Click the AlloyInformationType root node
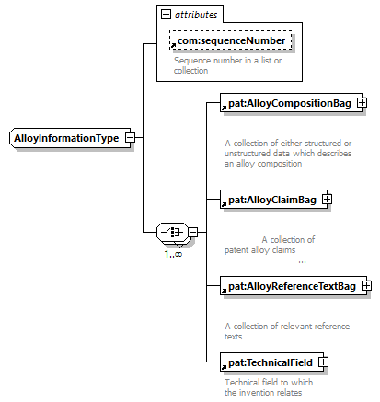point(70,138)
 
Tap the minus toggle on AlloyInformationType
point(130,138)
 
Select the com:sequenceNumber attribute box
point(230,40)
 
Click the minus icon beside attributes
point(166,14)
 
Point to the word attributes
point(196,15)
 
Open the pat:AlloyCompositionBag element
point(291,103)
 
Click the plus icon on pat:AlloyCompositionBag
point(362,103)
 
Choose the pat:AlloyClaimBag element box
point(273,200)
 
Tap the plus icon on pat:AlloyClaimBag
point(327,200)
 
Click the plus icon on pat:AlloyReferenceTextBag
point(366,286)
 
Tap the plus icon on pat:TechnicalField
point(323,362)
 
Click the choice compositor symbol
point(172,232)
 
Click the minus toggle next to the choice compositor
point(192,232)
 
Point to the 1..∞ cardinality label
point(173,254)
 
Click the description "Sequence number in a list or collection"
point(227,65)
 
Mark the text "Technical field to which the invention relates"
point(269,387)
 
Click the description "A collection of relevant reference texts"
point(287,331)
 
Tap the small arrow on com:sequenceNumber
point(173,45)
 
